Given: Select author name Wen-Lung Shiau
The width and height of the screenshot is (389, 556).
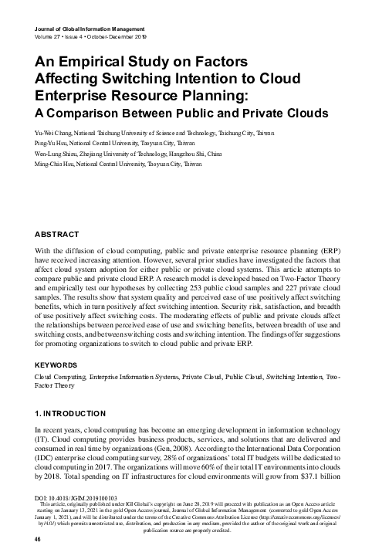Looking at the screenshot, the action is click(x=59, y=154).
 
